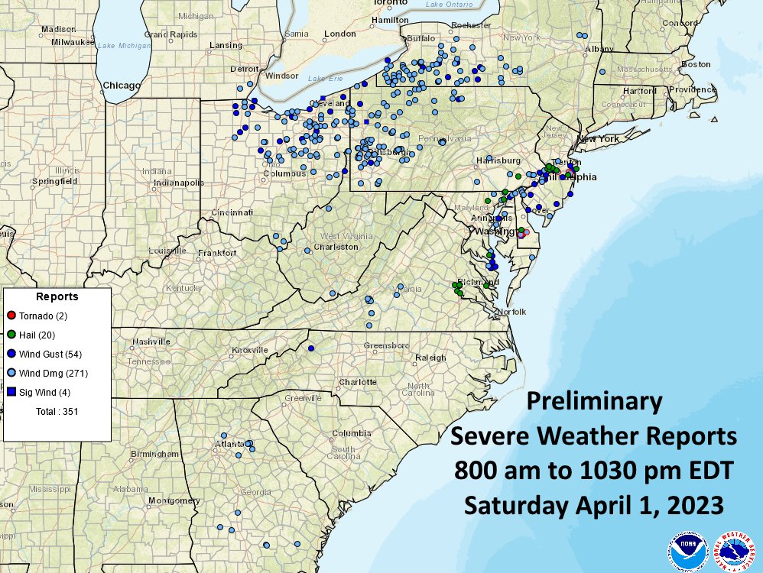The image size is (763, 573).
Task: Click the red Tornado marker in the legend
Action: tap(11, 316)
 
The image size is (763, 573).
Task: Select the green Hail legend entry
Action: tap(11, 335)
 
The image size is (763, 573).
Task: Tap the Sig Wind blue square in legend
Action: tap(11, 392)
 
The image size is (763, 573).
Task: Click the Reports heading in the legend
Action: tap(57, 296)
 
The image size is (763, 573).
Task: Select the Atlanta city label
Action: tap(231, 443)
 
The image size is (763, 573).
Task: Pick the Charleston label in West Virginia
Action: tap(336, 247)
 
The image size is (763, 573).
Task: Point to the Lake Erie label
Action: tap(322, 79)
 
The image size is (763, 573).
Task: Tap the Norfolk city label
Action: tap(512, 312)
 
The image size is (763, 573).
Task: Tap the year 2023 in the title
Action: tap(693, 505)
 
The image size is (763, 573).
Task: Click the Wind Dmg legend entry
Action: tap(54, 373)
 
